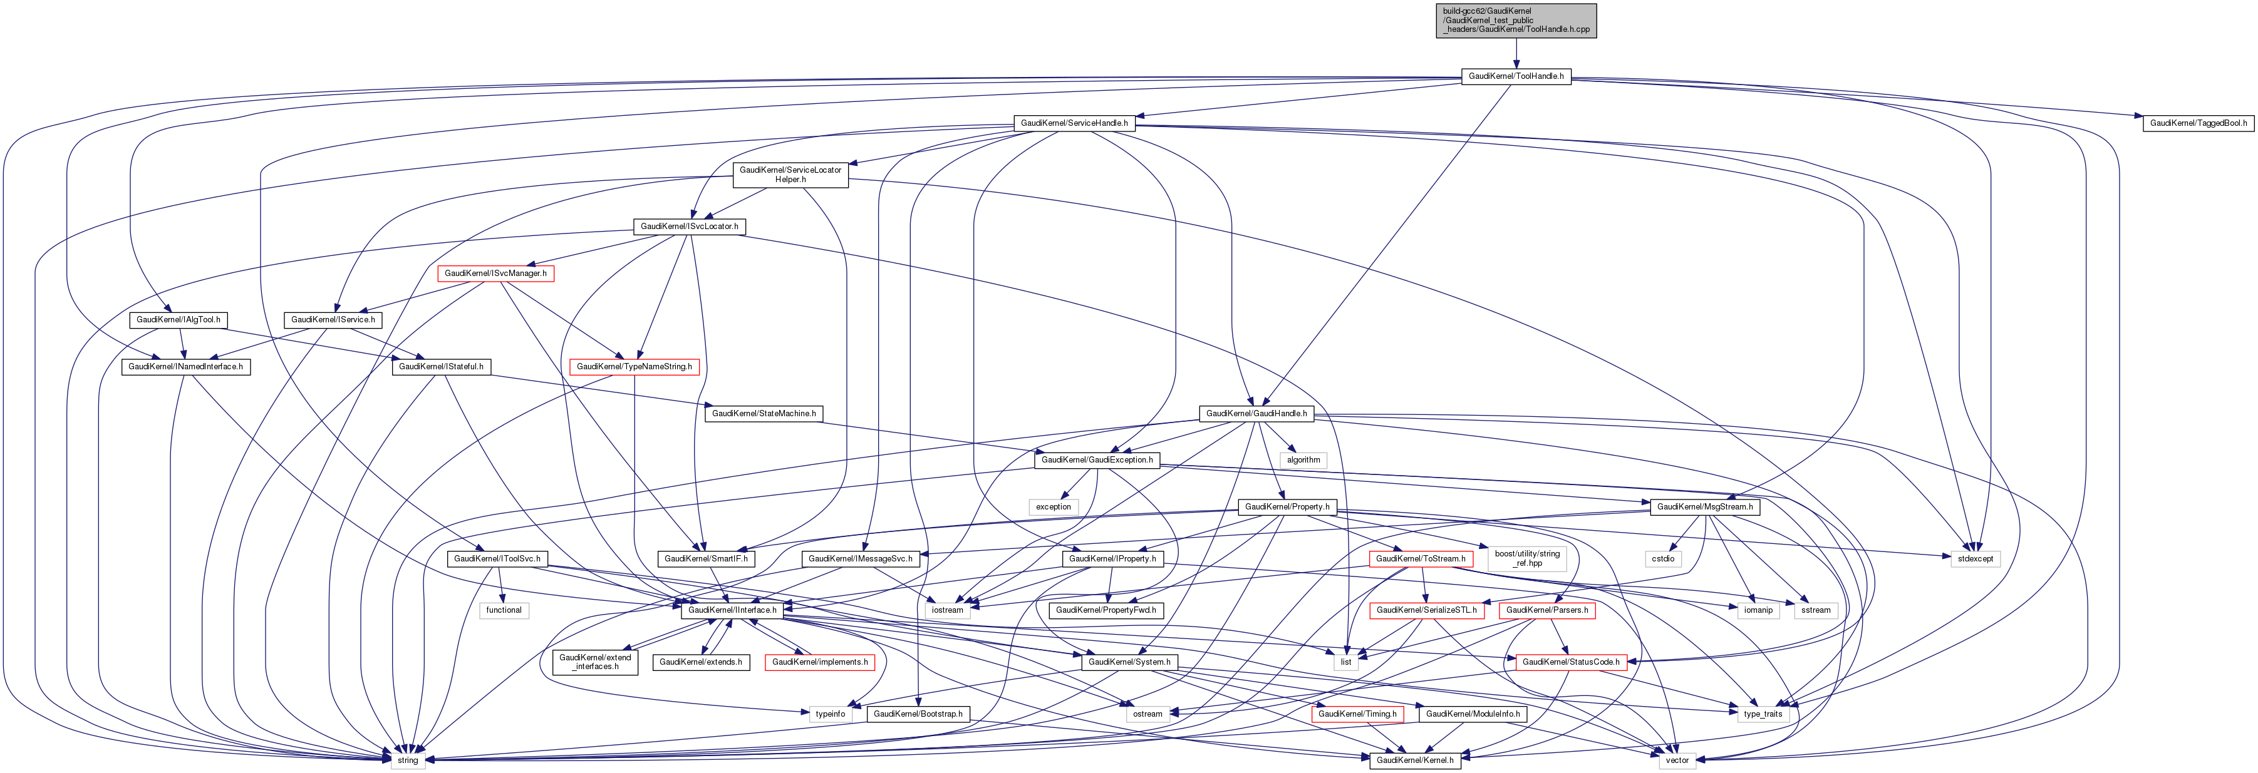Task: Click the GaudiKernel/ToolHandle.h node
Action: coord(1516,76)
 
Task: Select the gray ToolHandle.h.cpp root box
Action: coord(1516,20)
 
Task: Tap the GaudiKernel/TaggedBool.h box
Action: coord(2197,123)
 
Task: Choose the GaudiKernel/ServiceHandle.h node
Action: coord(1074,123)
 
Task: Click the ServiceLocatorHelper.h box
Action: coord(790,175)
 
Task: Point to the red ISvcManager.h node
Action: coord(495,274)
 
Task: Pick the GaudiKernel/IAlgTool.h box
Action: coord(178,320)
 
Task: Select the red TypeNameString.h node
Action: coord(634,366)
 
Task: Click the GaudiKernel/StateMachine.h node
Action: coord(764,413)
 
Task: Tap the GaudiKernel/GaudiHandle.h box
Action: coord(1256,413)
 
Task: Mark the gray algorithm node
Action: coord(1303,459)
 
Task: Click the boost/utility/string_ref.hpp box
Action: coord(1527,558)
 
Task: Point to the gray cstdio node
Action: coord(1663,558)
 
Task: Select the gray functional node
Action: coord(504,610)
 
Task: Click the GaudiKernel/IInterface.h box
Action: coord(732,610)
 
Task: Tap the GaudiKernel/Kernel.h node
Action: coord(1416,760)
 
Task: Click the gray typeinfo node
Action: coord(830,714)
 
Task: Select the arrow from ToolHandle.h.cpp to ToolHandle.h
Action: coord(1516,53)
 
